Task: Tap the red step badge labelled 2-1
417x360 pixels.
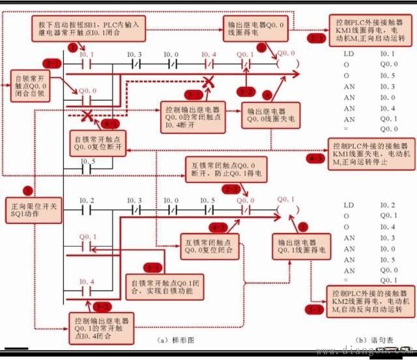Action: (x=51, y=63)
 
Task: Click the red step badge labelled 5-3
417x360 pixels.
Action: (x=316, y=309)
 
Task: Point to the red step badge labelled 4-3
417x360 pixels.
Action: (x=316, y=158)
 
